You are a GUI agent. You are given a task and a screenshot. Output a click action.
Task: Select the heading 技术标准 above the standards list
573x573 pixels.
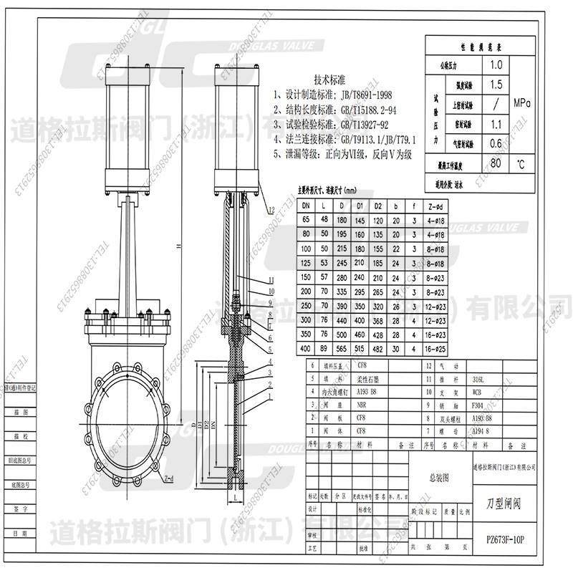(x=330, y=80)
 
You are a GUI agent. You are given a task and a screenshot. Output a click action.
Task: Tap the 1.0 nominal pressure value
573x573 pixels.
(x=495, y=64)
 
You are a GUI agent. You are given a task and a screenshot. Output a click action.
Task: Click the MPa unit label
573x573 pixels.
(x=521, y=103)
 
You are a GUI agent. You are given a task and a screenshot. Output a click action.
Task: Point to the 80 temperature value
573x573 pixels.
(x=495, y=163)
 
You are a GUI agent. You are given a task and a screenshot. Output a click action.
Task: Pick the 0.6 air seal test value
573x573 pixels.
(x=495, y=143)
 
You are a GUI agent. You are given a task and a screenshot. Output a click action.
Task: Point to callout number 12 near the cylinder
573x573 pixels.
(x=271, y=209)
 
